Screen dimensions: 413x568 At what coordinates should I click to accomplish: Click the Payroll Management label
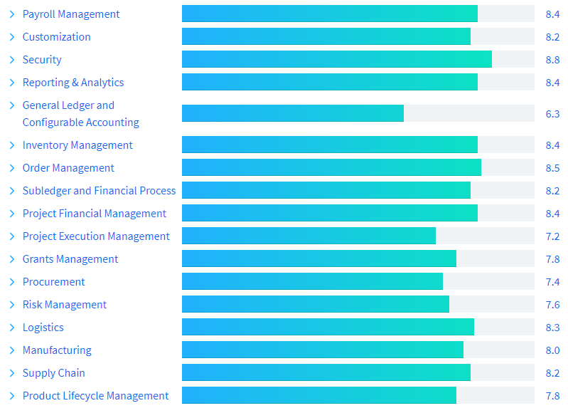click(x=71, y=14)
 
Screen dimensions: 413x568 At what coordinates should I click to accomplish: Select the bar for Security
click(x=336, y=60)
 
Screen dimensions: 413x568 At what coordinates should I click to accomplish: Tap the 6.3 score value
click(x=552, y=114)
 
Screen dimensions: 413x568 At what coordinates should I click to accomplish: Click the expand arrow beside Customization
click(x=12, y=37)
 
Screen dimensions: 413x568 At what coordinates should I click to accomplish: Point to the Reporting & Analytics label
click(x=73, y=83)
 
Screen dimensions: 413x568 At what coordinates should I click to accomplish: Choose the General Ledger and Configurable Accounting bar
click(x=293, y=113)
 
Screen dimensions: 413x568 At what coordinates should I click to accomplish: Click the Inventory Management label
click(x=77, y=145)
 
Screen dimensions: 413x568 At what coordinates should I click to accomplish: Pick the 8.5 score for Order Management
click(x=552, y=168)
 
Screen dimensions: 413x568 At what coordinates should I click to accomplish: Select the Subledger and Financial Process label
click(x=99, y=191)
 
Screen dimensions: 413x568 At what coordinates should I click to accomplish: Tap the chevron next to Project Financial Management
click(x=12, y=214)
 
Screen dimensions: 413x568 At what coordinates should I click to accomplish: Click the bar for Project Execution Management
click(x=309, y=236)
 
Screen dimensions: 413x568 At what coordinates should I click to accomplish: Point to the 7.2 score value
click(x=552, y=236)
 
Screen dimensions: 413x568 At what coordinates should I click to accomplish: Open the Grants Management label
click(x=70, y=259)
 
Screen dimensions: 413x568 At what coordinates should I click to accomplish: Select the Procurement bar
click(x=312, y=282)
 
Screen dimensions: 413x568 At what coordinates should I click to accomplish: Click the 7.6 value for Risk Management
click(x=552, y=305)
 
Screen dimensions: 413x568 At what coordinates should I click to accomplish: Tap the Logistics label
click(x=43, y=328)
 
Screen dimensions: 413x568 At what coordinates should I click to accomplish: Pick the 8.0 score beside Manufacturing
click(x=552, y=350)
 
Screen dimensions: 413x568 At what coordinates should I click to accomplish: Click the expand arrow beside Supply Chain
click(x=12, y=373)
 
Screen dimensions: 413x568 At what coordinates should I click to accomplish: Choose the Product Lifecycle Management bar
click(x=319, y=396)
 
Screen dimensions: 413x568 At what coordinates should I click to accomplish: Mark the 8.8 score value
click(x=552, y=60)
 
